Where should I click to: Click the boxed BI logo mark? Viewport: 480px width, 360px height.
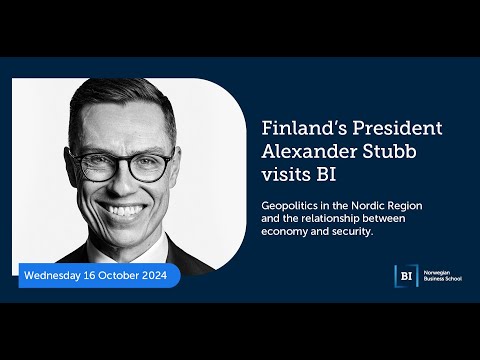tap(404, 276)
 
